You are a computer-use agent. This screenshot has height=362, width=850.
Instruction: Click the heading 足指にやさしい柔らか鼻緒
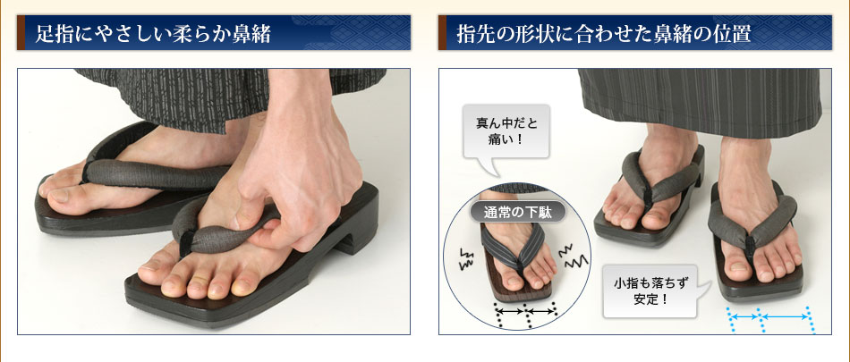tap(153, 34)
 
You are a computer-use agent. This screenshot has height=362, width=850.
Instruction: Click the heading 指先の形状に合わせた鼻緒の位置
tap(604, 34)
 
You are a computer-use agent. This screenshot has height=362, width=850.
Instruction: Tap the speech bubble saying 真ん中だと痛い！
tap(506, 131)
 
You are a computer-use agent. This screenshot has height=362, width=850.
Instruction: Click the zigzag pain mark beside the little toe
tap(573, 257)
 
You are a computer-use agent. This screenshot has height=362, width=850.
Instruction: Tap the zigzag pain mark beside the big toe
tap(465, 259)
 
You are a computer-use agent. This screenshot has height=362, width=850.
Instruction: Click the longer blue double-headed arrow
tap(785, 316)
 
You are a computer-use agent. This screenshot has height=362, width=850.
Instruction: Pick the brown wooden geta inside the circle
tap(515, 265)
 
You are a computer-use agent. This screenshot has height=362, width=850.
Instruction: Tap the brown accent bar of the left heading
tap(21, 33)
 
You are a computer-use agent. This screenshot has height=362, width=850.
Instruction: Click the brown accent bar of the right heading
tap(442, 33)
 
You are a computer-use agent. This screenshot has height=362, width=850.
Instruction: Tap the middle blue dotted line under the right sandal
tap(761, 320)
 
